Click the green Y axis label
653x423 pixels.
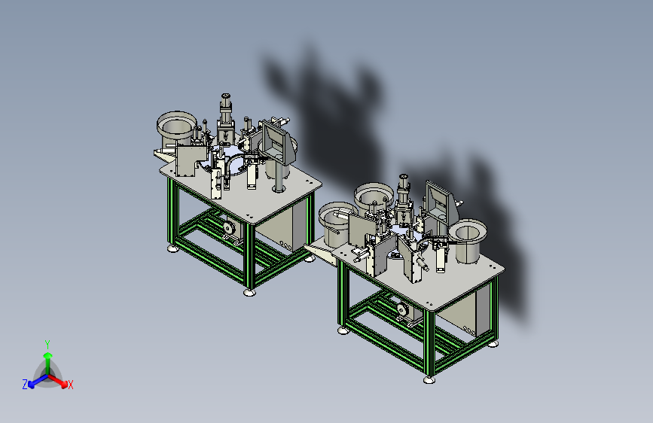(x=47, y=344)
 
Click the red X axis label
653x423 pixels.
(x=70, y=385)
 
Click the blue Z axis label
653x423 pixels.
(x=25, y=385)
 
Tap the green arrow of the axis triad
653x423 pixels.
(x=48, y=362)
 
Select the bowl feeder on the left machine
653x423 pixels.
(x=176, y=129)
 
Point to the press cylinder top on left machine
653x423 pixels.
(x=226, y=97)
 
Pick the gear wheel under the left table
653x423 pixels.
(x=228, y=228)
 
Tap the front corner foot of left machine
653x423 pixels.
(x=249, y=292)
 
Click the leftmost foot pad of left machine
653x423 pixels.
(x=173, y=248)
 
